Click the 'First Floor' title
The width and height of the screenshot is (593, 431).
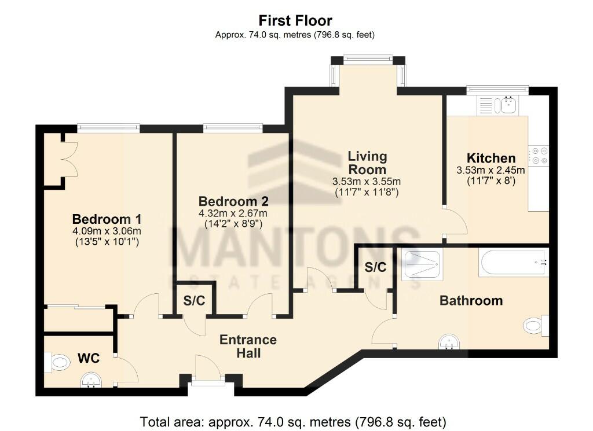[296, 21]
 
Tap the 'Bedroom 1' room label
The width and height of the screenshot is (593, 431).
[107, 219]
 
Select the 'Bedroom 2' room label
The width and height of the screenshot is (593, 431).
[233, 201]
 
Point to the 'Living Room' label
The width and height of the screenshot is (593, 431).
[367, 163]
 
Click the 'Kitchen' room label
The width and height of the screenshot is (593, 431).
[491, 158]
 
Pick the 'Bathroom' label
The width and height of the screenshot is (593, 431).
[471, 300]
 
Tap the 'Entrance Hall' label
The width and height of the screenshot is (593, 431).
[248, 346]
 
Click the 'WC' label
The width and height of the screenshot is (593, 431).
[89, 359]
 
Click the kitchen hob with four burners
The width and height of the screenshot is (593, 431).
[539, 155]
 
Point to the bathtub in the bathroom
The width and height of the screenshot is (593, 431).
[513, 262]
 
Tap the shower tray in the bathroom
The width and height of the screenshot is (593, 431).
[422, 264]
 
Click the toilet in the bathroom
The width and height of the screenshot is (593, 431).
[536, 325]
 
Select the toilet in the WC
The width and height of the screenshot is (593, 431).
[57, 363]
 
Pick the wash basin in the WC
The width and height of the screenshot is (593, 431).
[90, 380]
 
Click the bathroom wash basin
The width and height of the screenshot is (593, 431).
[449, 342]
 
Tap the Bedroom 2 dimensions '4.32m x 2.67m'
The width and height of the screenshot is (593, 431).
[233, 213]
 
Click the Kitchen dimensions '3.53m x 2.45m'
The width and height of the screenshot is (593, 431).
[491, 170]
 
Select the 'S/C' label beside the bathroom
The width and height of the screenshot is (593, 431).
[375, 267]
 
